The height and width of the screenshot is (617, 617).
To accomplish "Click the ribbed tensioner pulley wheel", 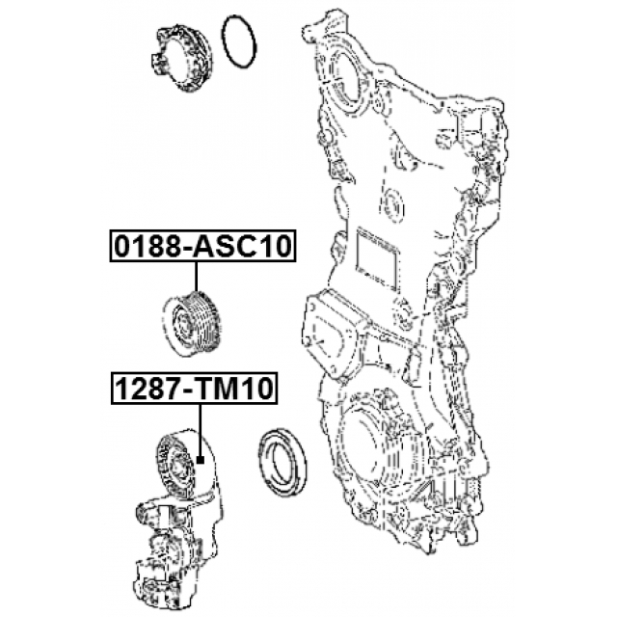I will point(176,462).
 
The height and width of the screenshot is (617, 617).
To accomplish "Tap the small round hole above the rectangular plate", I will point(392,203).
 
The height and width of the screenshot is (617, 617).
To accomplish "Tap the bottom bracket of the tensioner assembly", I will point(164,569).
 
